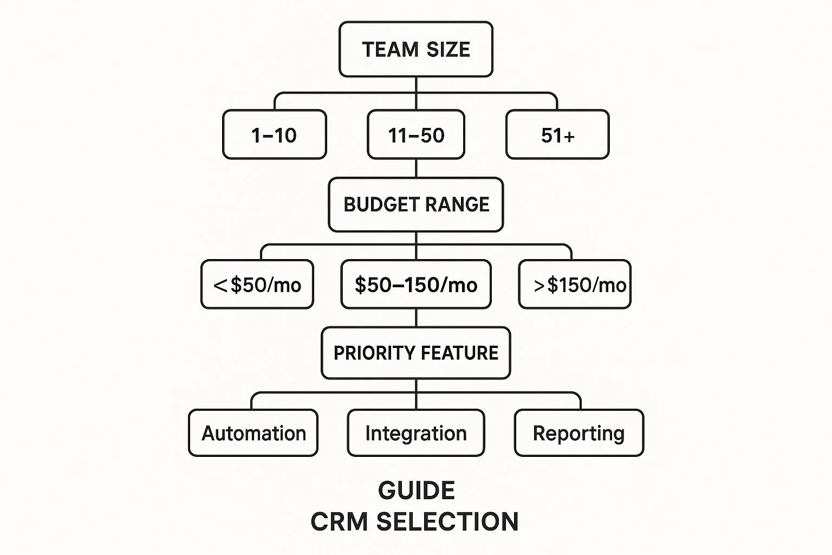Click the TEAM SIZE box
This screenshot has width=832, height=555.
[416, 49]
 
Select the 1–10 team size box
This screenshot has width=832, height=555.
[275, 134]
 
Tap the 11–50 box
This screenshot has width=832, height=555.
[416, 134]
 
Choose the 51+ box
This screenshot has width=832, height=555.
[557, 134]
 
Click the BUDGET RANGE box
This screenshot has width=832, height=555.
[416, 204]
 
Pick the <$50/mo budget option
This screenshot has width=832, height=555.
[257, 284]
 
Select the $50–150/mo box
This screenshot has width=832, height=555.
[416, 284]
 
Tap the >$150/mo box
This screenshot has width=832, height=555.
[575, 284]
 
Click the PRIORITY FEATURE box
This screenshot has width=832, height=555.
[416, 353]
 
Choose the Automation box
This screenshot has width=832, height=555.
[253, 433]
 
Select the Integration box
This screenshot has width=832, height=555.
[416, 433]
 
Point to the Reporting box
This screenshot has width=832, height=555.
[579, 433]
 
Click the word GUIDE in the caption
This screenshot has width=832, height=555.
[417, 491]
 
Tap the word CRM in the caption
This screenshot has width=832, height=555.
[339, 521]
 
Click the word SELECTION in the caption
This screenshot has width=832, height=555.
[447, 521]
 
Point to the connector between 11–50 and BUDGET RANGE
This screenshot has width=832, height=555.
[416, 169]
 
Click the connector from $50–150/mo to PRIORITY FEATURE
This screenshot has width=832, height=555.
[416, 318]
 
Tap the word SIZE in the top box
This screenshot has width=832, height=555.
[448, 49]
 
